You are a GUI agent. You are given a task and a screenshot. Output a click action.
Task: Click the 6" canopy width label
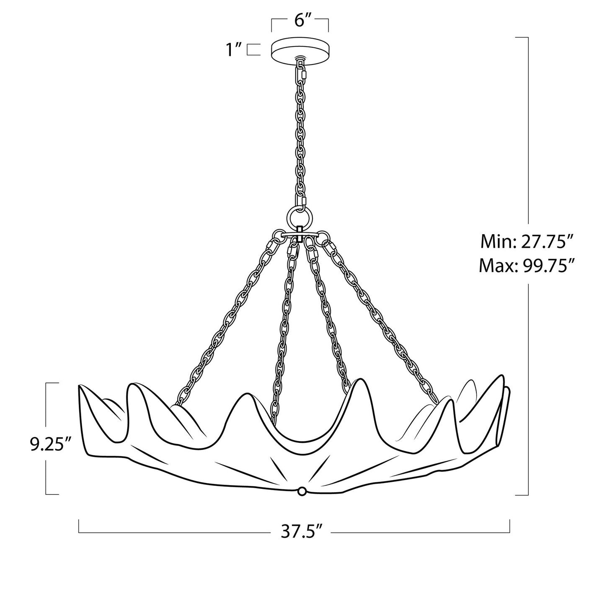[300, 21]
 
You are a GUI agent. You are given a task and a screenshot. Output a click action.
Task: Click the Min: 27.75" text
[526, 242]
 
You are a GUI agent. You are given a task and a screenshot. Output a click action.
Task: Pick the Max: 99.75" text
[526, 265]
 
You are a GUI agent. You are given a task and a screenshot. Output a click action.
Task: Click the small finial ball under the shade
[301, 492]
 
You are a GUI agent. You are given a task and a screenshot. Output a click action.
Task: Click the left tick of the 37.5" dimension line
[79, 526]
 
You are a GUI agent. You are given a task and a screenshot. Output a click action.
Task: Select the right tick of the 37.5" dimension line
[509, 526]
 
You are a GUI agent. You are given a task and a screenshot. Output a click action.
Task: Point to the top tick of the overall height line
[522, 38]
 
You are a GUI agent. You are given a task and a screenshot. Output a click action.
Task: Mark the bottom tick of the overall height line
[522, 495]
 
